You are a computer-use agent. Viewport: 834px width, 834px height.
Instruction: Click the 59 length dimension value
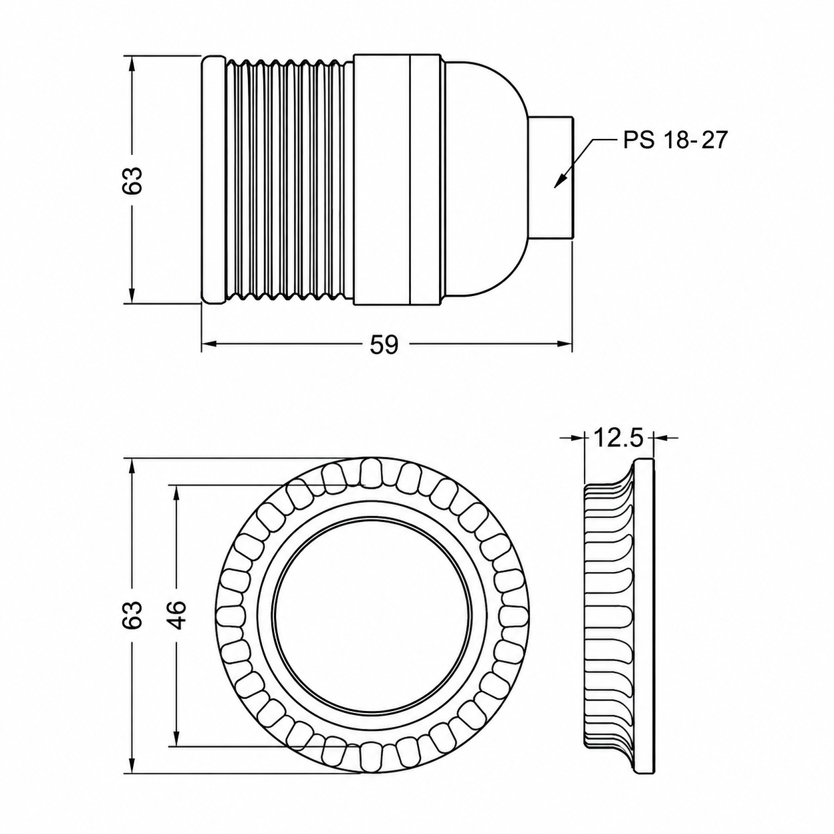[384, 345]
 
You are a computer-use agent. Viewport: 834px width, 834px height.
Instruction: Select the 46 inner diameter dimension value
[177, 615]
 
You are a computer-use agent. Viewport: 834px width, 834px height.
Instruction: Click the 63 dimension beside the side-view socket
[132, 180]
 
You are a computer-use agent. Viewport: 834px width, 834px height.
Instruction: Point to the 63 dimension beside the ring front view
[132, 615]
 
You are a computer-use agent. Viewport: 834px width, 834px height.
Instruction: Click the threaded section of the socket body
[289, 180]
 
